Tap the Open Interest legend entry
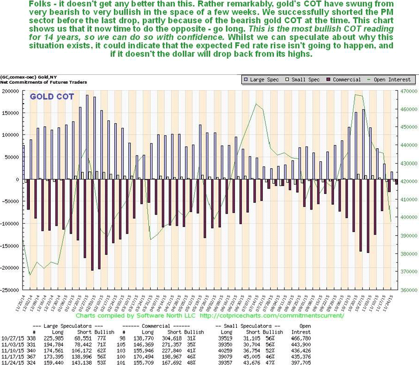click(393, 79)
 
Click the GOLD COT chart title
click(52, 97)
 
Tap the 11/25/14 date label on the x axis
click(24, 303)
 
